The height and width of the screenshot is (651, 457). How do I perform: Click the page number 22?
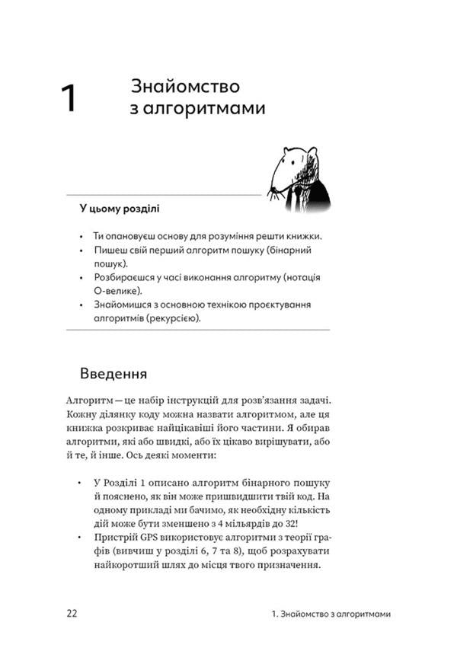(x=72, y=614)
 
